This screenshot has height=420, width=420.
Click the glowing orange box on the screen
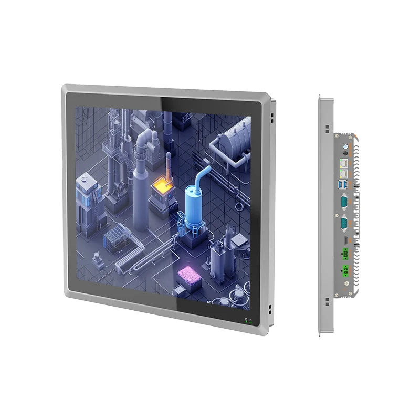coord(161,185)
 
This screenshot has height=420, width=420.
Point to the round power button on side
coord(345,146)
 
